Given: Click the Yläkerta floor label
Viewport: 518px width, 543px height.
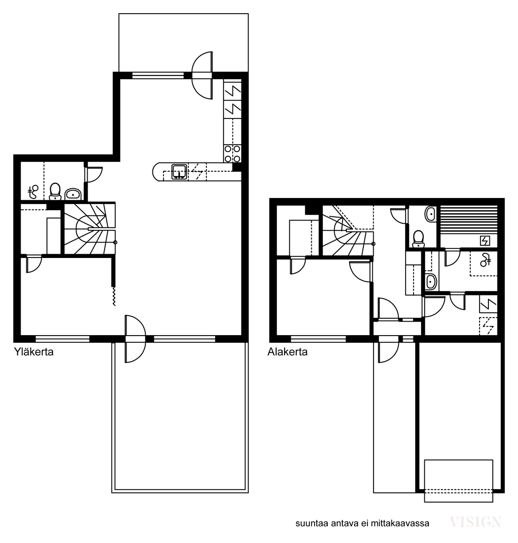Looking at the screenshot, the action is pyautogui.click(x=34, y=352).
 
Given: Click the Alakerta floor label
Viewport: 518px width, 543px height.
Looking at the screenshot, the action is pyautogui.click(x=287, y=352).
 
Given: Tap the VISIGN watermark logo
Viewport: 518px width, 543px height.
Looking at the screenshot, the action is pyautogui.click(x=475, y=521).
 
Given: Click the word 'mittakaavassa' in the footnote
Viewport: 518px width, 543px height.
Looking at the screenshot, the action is pyautogui.click(x=400, y=523).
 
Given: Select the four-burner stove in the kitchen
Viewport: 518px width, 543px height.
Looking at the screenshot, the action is pyautogui.click(x=233, y=154).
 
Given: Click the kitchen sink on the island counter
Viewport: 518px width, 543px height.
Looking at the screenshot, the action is pyautogui.click(x=179, y=172).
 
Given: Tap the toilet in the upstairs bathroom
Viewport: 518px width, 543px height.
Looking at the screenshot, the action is pyautogui.click(x=55, y=191).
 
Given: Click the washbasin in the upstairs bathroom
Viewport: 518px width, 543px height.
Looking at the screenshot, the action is pyautogui.click(x=73, y=194).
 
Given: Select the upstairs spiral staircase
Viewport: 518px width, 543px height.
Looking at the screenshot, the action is pyautogui.click(x=90, y=229).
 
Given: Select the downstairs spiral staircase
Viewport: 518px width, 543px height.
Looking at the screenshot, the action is pyautogui.click(x=348, y=231).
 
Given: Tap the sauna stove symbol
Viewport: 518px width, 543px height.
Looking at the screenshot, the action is pyautogui.click(x=485, y=240).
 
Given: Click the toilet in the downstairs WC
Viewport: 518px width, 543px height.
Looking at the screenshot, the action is pyautogui.click(x=419, y=239).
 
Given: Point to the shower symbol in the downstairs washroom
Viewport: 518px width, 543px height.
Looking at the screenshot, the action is pyautogui.click(x=485, y=260).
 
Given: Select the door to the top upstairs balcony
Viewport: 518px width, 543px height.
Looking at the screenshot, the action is pyautogui.click(x=202, y=76).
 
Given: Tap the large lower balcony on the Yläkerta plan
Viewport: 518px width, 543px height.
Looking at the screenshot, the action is pyautogui.click(x=180, y=417).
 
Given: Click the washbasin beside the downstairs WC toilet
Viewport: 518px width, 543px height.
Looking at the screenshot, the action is pyautogui.click(x=431, y=214).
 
